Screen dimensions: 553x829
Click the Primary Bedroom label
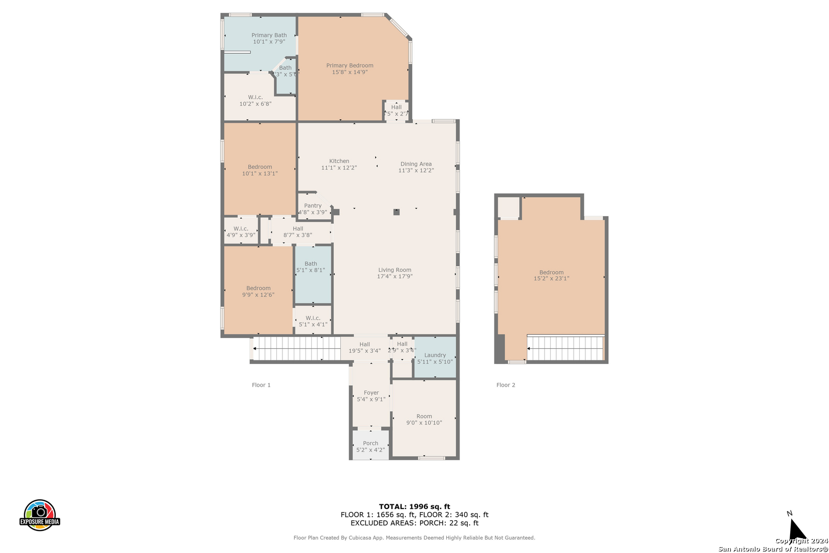[x=350, y=66]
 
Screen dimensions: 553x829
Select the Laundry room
[x=435, y=358]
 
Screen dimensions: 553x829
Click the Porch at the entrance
[x=370, y=446]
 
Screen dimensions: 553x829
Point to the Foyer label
[x=371, y=393]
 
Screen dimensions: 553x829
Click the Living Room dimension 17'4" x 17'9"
[x=395, y=276]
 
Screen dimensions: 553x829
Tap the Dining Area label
[x=416, y=164]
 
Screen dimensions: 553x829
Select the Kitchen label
[x=339, y=161]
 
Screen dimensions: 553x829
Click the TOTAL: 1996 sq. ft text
[x=414, y=506]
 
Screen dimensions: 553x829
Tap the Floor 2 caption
[x=506, y=385]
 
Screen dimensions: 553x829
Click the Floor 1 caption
[x=261, y=385]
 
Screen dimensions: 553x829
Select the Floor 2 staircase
[x=565, y=348]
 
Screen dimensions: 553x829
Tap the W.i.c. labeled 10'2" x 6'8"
[x=255, y=100]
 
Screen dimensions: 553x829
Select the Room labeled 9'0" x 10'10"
[x=424, y=419]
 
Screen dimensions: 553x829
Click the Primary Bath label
[x=269, y=35]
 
